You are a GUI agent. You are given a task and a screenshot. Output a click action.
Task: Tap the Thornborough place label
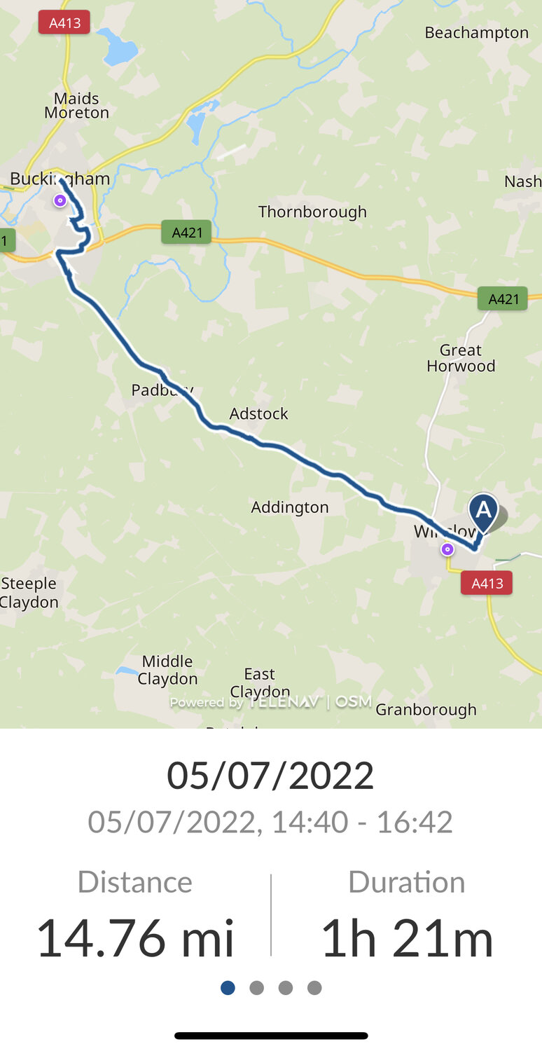click(x=312, y=212)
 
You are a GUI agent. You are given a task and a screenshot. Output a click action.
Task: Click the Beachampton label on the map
click(x=476, y=33)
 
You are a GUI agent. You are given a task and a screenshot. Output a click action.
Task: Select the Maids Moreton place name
click(x=76, y=106)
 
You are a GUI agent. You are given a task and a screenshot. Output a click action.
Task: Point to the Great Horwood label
click(x=461, y=358)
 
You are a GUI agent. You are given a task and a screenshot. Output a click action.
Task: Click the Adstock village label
click(x=258, y=414)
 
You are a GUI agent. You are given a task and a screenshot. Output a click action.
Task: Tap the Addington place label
click(x=290, y=507)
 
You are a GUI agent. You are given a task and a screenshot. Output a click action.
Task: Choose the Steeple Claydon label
click(x=29, y=593)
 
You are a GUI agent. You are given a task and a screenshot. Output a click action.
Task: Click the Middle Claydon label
click(x=167, y=670)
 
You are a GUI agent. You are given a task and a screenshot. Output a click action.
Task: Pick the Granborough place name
click(x=426, y=710)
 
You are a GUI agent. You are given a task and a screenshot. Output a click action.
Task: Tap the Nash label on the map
click(x=522, y=181)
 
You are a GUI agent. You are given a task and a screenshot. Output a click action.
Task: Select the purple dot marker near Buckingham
click(x=60, y=200)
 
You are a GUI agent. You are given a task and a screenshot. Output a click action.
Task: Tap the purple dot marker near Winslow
click(x=447, y=549)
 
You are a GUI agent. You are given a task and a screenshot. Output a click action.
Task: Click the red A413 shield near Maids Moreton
click(x=64, y=23)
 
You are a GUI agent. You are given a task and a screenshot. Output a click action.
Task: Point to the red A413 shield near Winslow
click(x=487, y=583)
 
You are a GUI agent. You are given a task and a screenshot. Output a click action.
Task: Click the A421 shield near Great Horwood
click(x=503, y=299)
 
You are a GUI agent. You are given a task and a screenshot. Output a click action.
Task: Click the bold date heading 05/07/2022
click(x=270, y=776)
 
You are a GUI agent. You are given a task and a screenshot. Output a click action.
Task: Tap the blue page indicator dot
click(x=228, y=988)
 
